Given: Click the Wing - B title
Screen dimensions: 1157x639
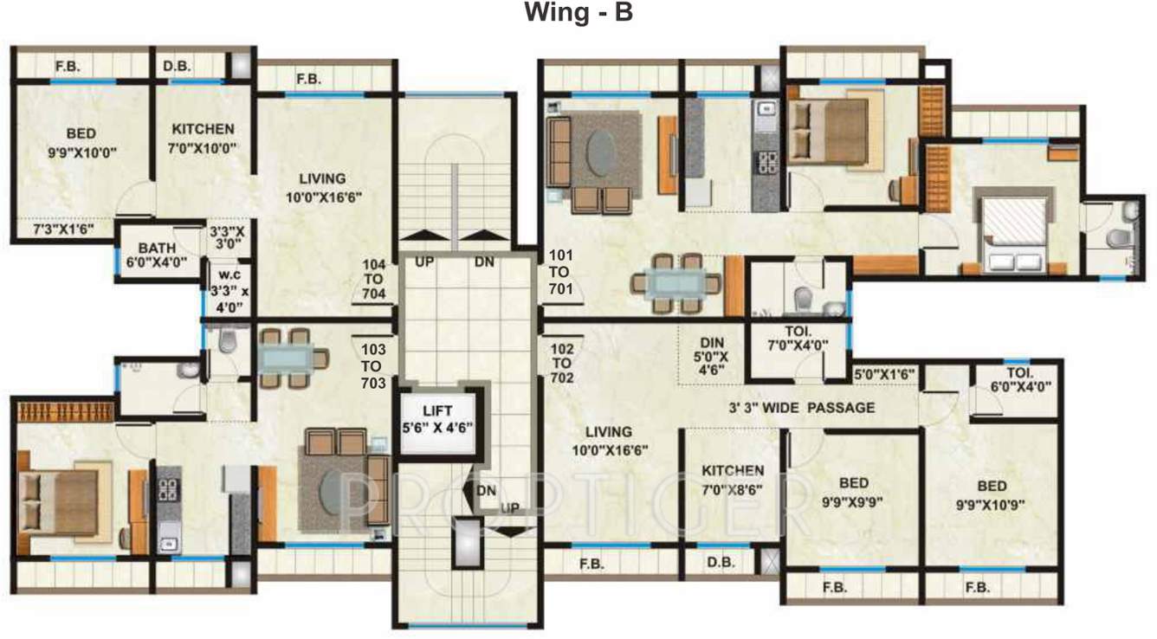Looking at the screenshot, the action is [x=578, y=12].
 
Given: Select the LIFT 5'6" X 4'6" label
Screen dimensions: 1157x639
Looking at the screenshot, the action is [x=437, y=419].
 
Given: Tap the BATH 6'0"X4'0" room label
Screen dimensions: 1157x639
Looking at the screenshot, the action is [x=157, y=255].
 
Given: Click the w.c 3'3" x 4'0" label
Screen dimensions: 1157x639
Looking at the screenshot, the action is [x=229, y=291].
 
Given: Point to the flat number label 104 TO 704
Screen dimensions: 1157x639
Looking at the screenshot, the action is [x=374, y=280].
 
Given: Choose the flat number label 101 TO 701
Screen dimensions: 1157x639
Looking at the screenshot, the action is [x=560, y=272].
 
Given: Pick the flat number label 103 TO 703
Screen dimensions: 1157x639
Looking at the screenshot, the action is [x=373, y=366].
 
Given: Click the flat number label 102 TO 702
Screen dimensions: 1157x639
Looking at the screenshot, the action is [x=562, y=364].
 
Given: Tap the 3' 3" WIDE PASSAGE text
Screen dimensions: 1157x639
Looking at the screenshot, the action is [x=802, y=408].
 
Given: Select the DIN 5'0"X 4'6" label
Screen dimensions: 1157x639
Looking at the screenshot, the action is [x=712, y=357].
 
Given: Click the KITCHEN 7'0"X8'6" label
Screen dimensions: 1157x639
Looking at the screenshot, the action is [x=733, y=480].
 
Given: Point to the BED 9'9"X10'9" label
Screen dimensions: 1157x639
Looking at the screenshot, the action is [x=991, y=495].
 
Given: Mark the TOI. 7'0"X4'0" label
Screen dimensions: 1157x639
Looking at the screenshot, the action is [x=798, y=339].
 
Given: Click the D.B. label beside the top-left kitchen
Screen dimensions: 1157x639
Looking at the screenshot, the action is [x=177, y=66].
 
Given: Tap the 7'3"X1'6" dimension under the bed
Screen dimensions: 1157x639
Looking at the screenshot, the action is [x=63, y=229].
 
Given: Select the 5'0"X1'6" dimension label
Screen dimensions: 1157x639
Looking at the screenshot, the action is [x=884, y=374].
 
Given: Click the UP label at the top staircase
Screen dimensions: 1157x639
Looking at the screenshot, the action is [x=424, y=261].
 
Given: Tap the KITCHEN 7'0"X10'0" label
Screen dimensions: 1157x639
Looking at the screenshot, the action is [x=203, y=139].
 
